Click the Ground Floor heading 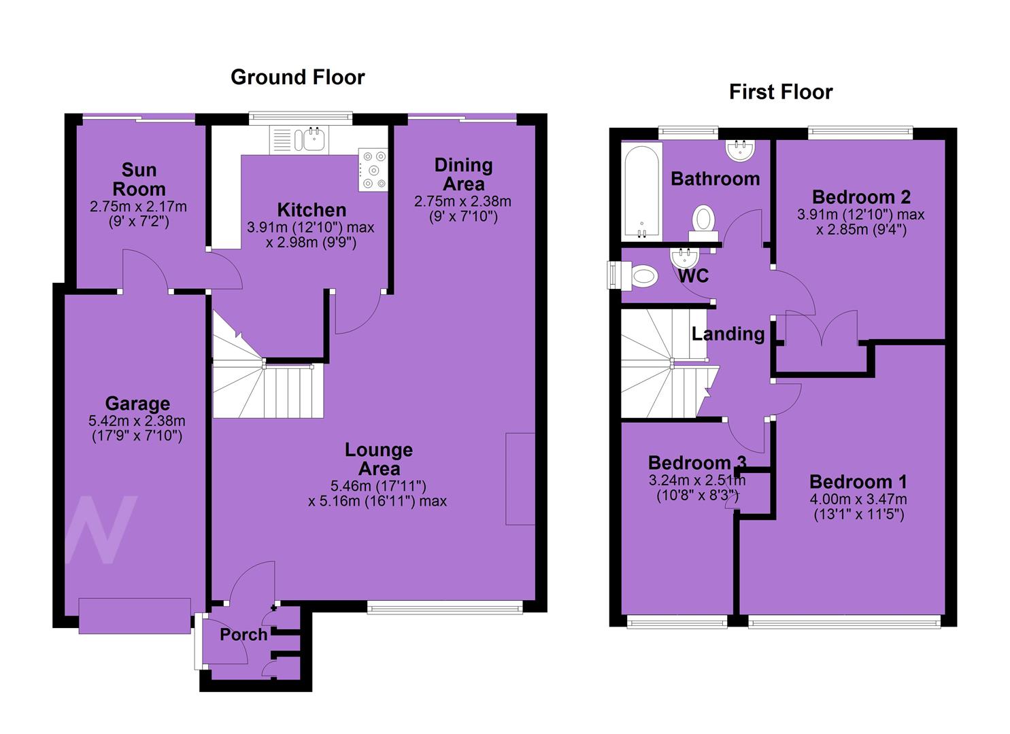pos(298,77)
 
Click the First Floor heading pos(781,92)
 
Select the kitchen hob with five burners pos(373,170)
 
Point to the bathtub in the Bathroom pos(641,192)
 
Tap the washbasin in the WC pos(685,258)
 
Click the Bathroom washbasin pos(740,150)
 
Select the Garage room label pos(137,403)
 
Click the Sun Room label pos(139,179)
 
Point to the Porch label pos(243,635)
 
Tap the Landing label pos(728,334)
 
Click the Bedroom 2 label pos(861,197)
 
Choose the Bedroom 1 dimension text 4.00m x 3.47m pos(858,500)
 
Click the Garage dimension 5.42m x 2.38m pos(137,421)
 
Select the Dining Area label pos(464,175)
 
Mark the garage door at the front pos(135,616)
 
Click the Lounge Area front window pos(445,608)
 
